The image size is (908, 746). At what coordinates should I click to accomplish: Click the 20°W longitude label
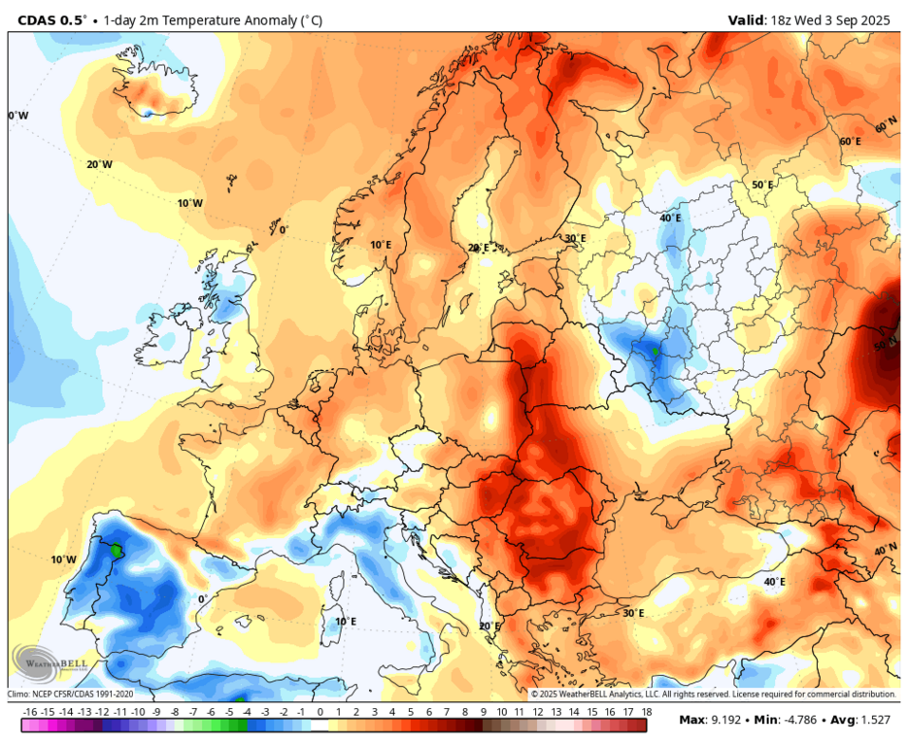point(99,165)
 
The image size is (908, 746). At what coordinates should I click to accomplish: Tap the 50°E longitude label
point(762,186)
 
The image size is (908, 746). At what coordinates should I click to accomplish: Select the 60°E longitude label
point(850,142)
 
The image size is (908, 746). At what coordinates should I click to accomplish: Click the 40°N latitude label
point(885,550)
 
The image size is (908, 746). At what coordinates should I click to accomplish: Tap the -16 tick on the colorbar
point(30,713)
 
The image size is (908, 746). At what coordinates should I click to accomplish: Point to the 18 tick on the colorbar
point(646,713)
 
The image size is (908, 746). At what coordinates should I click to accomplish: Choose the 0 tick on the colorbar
point(319,713)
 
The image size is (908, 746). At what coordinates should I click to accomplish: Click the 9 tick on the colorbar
point(483,713)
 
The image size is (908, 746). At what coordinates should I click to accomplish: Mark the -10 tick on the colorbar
point(139,713)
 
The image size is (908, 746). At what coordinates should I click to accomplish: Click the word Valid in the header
point(747,18)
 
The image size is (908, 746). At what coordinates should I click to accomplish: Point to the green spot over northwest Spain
point(117,550)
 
